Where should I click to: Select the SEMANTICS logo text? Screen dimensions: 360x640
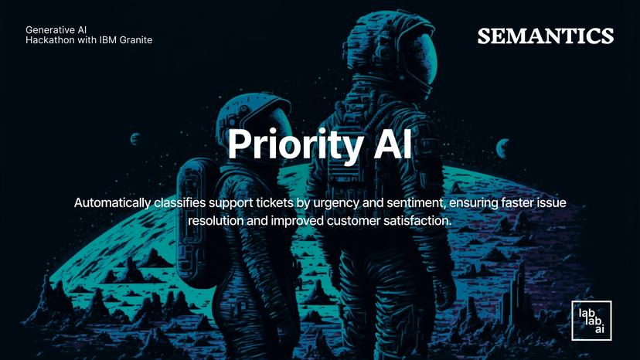pyautogui.click(x=546, y=36)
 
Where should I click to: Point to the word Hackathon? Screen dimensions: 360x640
pyautogui.click(x=52, y=40)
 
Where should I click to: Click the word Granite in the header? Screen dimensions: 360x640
pyautogui.click(x=132, y=40)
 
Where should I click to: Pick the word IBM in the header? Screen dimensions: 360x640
pyautogui.click(x=101, y=40)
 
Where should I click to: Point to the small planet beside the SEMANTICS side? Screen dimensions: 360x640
pyautogui.click(x=502, y=146)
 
